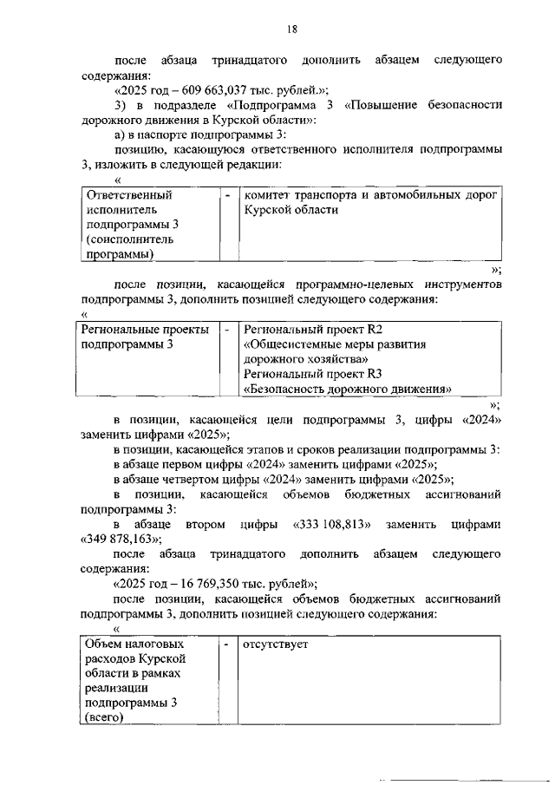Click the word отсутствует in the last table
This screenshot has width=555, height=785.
[x=276, y=645]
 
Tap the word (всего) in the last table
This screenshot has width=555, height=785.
[x=101, y=719]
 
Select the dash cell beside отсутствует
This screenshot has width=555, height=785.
[x=226, y=645]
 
